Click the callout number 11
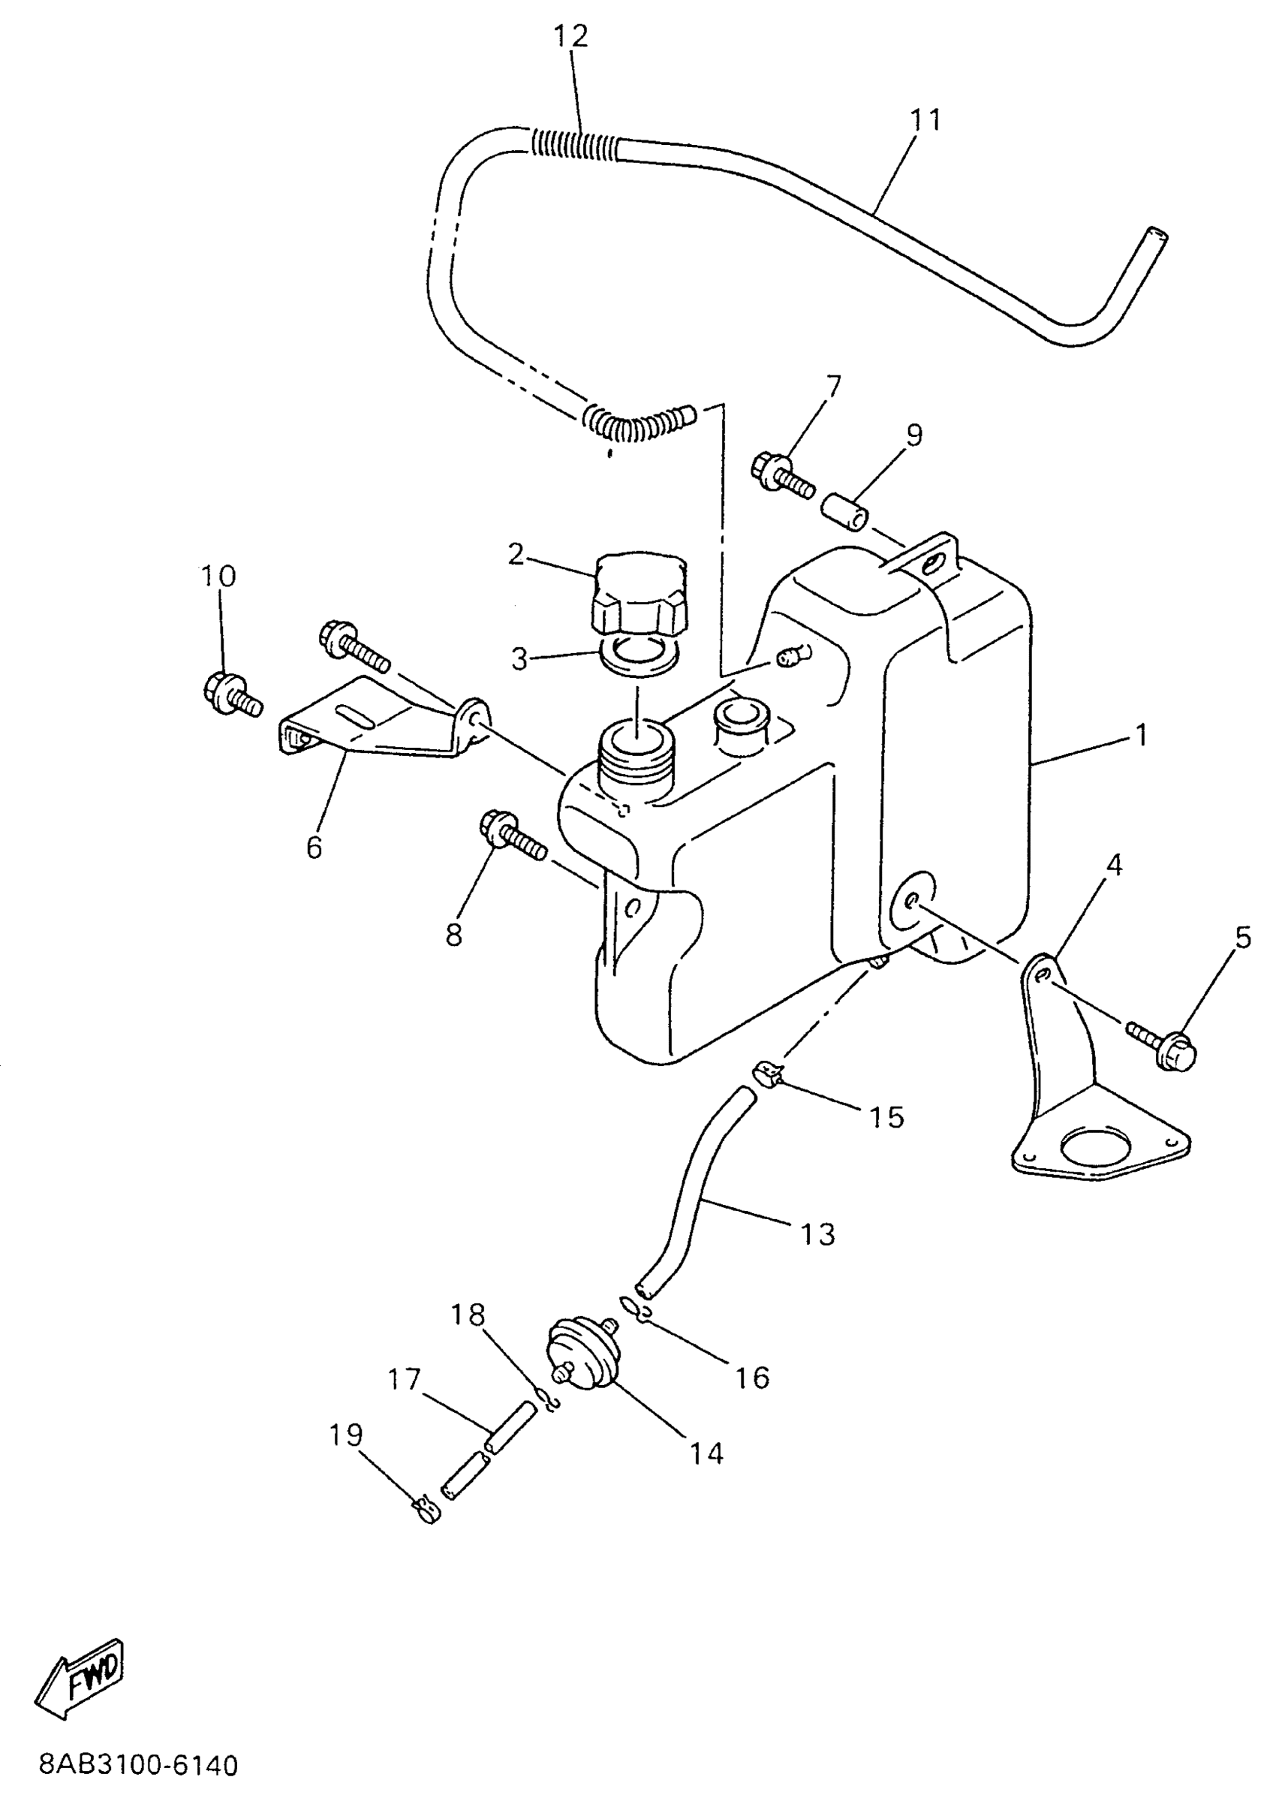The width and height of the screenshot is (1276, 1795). point(925,119)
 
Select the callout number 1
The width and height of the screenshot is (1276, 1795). point(1141,736)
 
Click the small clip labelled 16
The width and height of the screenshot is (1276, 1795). point(636,1309)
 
